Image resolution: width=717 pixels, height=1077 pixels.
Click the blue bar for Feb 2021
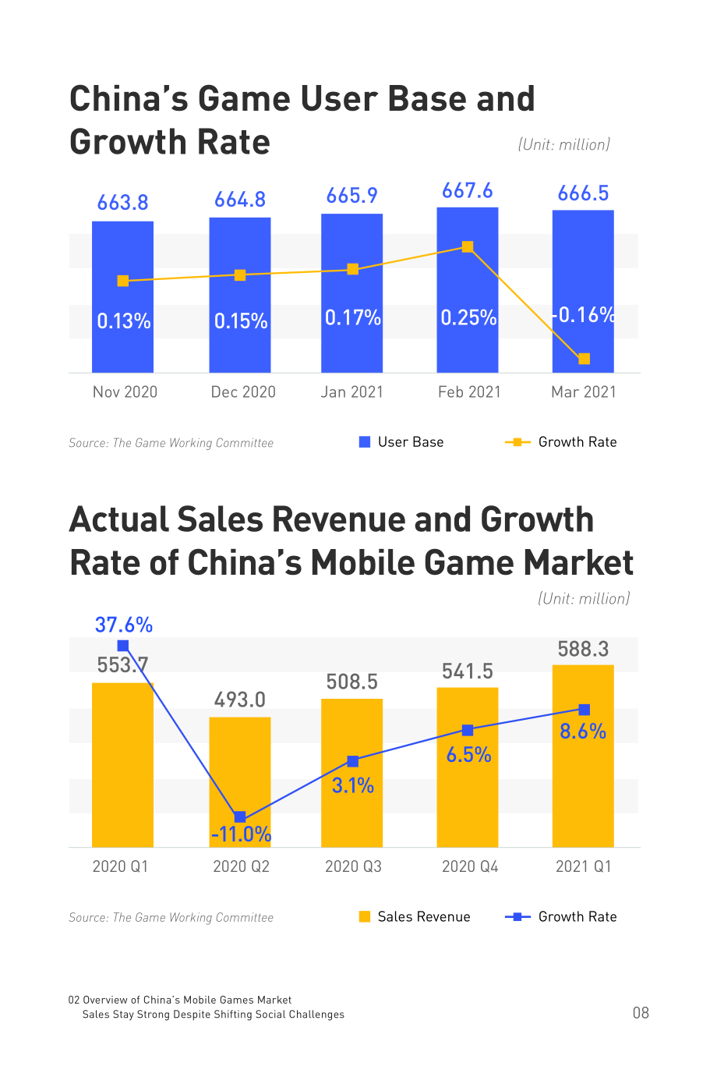[x=467, y=290]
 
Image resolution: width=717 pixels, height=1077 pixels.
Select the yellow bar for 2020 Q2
[x=240, y=782]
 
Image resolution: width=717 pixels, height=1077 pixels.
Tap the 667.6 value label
[x=467, y=191]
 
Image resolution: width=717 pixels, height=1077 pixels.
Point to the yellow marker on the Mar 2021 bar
[x=584, y=359]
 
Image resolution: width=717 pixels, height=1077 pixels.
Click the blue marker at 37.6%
[x=123, y=646]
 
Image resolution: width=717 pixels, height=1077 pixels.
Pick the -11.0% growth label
[x=242, y=834]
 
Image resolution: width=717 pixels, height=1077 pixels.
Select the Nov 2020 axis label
[x=125, y=391]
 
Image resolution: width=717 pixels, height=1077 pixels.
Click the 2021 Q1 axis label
[x=584, y=866]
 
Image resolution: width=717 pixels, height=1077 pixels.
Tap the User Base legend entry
[x=401, y=442]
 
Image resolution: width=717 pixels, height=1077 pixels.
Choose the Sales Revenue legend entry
[x=415, y=916]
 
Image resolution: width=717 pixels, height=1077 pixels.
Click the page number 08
[x=641, y=1013]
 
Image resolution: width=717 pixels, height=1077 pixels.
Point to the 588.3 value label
[x=583, y=649]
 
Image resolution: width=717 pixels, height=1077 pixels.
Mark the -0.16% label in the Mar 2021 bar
[x=584, y=315]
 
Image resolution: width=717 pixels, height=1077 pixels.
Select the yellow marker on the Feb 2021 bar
[x=467, y=246]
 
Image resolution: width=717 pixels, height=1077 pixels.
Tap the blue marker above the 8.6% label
[x=584, y=710]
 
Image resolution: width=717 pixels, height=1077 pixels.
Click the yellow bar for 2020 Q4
[x=467, y=767]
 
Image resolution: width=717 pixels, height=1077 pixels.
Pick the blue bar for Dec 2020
[x=240, y=296]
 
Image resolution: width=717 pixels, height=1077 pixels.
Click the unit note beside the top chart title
[x=563, y=144]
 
